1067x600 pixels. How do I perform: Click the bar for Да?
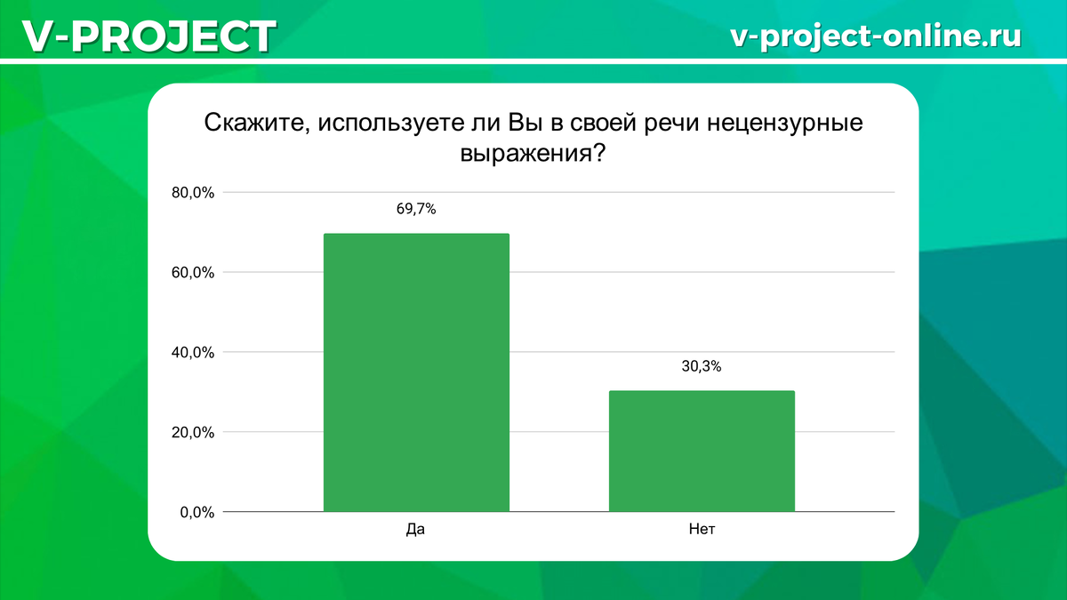[x=416, y=372]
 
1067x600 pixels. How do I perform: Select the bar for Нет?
[x=702, y=451]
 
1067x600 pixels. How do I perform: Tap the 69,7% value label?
[x=416, y=210]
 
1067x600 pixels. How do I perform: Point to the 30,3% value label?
[x=702, y=366]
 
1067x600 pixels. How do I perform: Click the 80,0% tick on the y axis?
[x=193, y=193]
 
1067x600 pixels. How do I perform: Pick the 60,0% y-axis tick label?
[x=193, y=273]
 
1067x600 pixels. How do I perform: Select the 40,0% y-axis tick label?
[x=193, y=353]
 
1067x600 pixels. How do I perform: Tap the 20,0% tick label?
[x=193, y=433]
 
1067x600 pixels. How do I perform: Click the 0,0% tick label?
[x=197, y=513]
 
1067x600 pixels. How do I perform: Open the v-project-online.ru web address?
[x=875, y=36]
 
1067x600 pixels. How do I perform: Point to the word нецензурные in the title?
[x=786, y=122]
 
